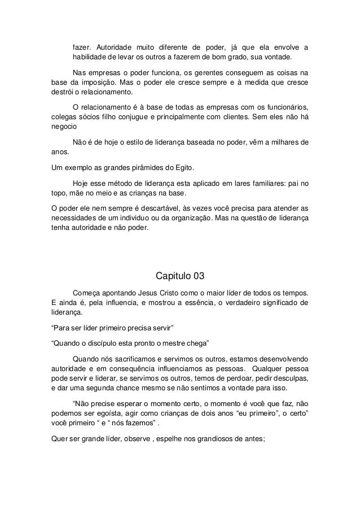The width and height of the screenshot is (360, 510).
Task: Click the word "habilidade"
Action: click(x=89, y=58)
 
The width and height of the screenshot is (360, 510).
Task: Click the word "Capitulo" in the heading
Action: click(x=173, y=276)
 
